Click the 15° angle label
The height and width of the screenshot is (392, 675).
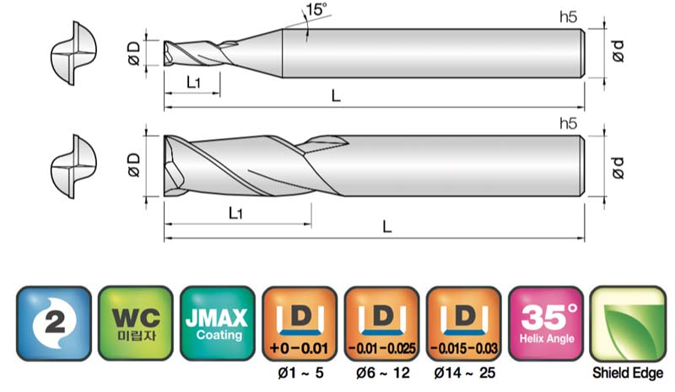coord(316,9)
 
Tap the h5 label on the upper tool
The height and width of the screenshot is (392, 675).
coord(568,17)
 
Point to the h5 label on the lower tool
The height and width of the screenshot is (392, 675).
coord(568,123)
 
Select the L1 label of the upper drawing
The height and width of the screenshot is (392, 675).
coord(193,82)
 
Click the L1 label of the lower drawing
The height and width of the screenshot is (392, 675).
coord(235,212)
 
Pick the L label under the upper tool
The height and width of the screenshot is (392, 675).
coord(336,95)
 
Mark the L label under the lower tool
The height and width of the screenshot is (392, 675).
coord(387,226)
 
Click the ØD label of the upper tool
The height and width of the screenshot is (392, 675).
coord(134,53)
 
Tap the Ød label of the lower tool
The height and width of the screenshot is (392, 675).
coord(618,167)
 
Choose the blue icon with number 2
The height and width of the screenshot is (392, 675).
coord(54,323)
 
